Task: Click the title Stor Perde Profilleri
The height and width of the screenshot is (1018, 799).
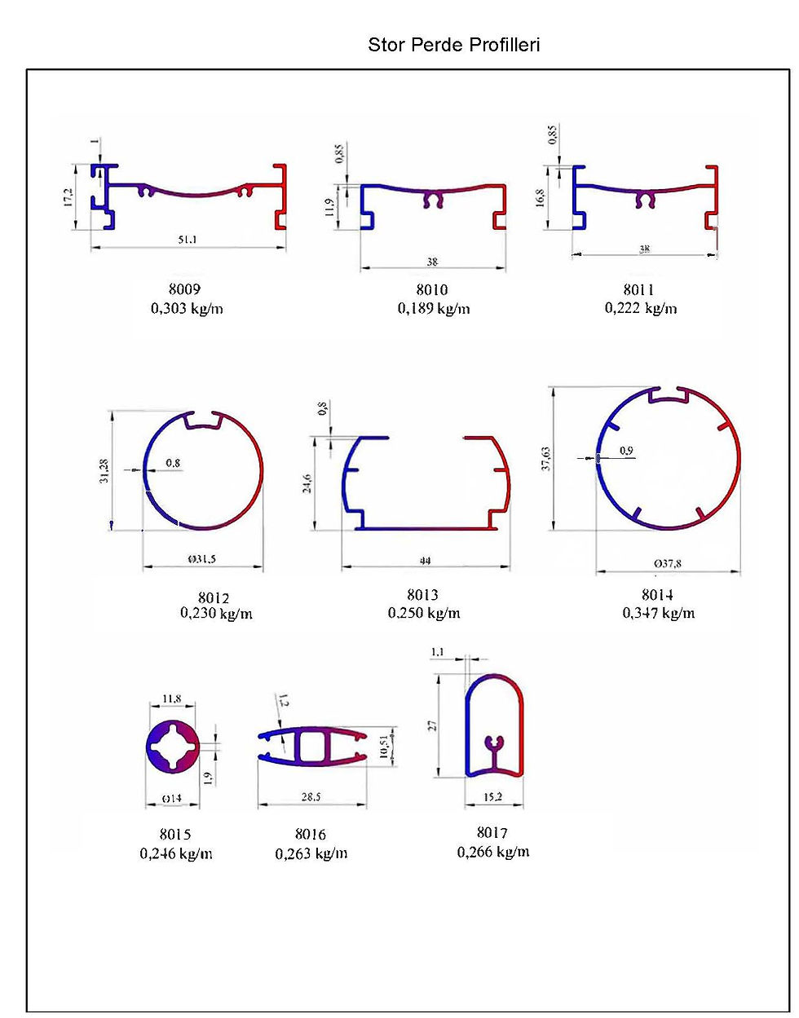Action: (453, 45)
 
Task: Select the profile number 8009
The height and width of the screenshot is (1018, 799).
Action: (184, 289)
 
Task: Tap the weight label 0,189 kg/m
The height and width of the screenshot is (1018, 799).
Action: (434, 308)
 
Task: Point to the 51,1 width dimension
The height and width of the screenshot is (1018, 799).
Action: (187, 240)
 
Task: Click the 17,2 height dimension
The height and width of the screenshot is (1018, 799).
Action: (68, 197)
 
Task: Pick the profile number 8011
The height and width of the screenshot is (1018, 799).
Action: (638, 289)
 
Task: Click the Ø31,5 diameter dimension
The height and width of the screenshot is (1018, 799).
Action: (201, 559)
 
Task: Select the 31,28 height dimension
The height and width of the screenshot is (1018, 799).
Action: (104, 470)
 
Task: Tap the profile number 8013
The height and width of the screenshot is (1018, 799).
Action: (422, 594)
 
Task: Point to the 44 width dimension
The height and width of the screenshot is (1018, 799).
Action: (425, 560)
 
